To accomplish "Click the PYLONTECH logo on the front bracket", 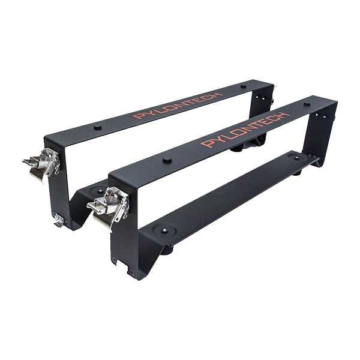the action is (245, 130).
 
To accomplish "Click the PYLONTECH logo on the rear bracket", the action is (178, 106).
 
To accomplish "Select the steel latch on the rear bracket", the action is (42, 163).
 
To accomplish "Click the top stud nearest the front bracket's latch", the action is (167, 160).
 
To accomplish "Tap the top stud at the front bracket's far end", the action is (307, 104).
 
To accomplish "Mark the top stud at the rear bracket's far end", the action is (243, 86).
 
